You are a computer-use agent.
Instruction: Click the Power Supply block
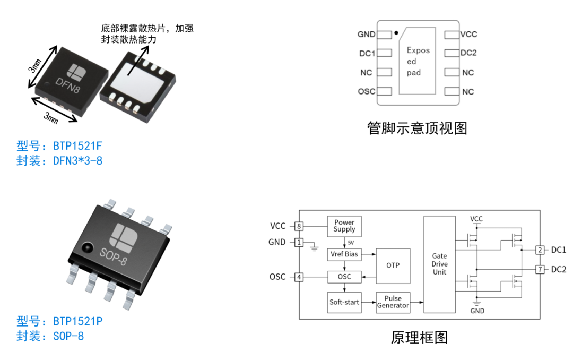tap(344, 226)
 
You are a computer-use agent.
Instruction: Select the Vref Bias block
tap(344, 254)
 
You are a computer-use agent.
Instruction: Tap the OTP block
tap(393, 265)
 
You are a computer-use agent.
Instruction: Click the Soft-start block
tap(344, 302)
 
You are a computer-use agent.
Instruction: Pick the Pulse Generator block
tap(393, 302)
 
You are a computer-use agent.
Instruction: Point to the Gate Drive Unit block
tap(439, 264)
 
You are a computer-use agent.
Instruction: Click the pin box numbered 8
tap(299, 226)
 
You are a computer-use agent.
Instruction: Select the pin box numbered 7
tap(540, 270)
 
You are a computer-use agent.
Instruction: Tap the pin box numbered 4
tap(299, 277)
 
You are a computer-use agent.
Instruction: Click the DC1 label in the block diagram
tap(558, 250)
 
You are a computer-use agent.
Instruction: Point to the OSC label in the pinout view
tap(366, 91)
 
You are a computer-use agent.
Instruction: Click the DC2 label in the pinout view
tap(468, 53)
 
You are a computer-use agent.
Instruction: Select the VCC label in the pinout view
tap(468, 35)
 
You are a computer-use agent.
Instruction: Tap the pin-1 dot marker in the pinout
tap(396, 33)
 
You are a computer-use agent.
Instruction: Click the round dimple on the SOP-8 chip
tap(86, 247)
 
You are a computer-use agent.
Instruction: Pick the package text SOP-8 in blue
tap(68, 336)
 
